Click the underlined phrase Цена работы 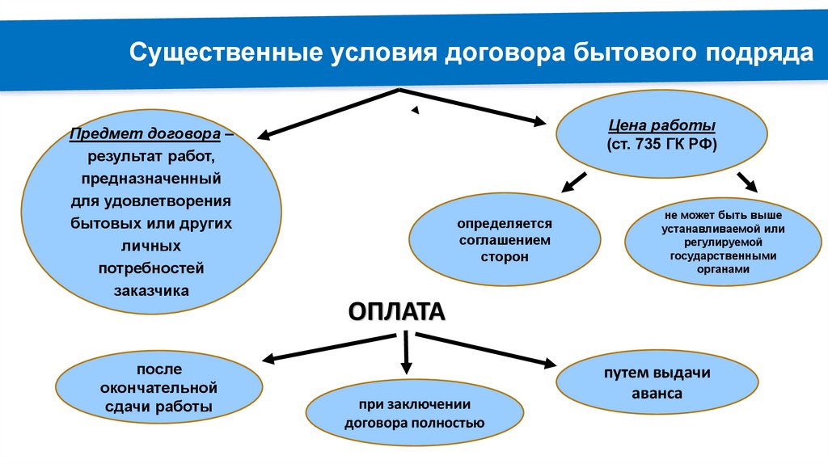661,127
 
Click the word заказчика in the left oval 150,289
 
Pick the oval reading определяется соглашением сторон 505,240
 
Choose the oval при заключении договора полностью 414,413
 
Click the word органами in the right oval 716,269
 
